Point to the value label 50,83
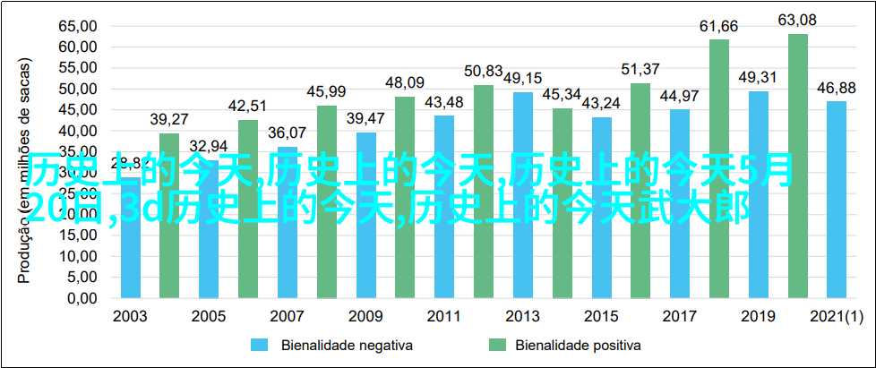coord(484,70)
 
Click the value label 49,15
coord(523,78)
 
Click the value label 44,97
coord(680,95)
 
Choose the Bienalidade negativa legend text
coord(333,345)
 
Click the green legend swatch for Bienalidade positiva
coord(497,345)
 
